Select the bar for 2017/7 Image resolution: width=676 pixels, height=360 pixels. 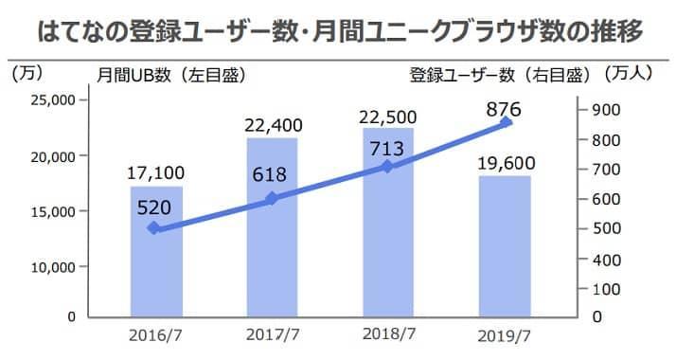pos(272,246)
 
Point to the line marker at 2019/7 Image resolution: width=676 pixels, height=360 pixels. pos(506,122)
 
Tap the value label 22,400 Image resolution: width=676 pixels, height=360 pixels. pos(272,125)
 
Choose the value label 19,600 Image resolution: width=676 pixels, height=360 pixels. pos(506,163)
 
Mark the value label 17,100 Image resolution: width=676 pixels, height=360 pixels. pos(156,173)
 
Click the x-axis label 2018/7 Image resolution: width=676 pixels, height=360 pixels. pos(388,335)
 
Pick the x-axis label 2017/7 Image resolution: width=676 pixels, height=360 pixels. pos(272,335)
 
